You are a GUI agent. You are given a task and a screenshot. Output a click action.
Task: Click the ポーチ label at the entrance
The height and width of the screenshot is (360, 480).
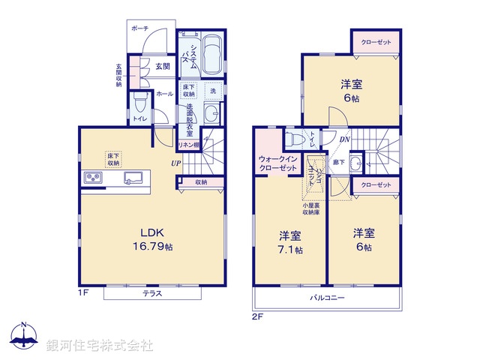[x=140, y=28]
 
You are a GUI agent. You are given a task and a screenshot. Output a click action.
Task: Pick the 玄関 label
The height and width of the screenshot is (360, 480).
[x=163, y=66]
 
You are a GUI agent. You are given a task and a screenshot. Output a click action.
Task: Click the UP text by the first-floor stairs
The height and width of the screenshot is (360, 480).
[x=174, y=163]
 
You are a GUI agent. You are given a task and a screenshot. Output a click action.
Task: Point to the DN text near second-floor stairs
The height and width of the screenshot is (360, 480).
[x=344, y=139]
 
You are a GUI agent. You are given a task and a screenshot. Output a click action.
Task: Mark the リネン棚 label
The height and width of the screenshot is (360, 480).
[x=187, y=145]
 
